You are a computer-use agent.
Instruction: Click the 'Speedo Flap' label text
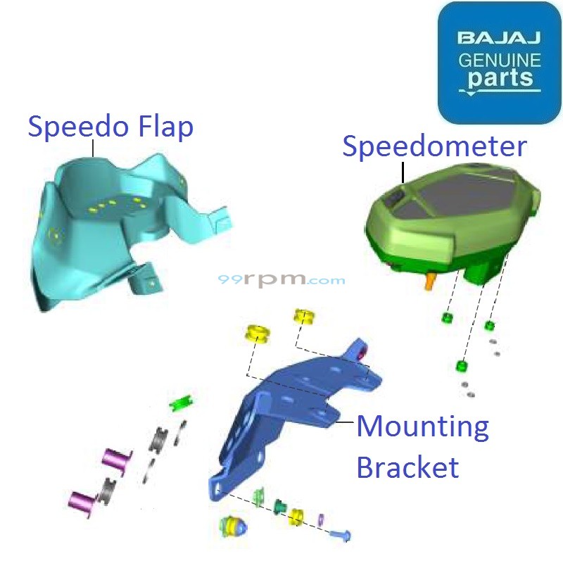[x=110, y=128]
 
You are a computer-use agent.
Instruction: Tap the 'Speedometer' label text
[x=434, y=146]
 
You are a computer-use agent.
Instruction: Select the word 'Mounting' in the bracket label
[x=422, y=426]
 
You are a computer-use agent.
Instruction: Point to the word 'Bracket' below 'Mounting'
[x=407, y=467]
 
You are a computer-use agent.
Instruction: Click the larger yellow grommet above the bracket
[x=258, y=334]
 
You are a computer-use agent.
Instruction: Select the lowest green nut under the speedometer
[x=462, y=366]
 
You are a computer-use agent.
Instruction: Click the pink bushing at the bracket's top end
[x=365, y=353]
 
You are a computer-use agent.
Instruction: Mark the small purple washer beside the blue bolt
[x=320, y=519]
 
